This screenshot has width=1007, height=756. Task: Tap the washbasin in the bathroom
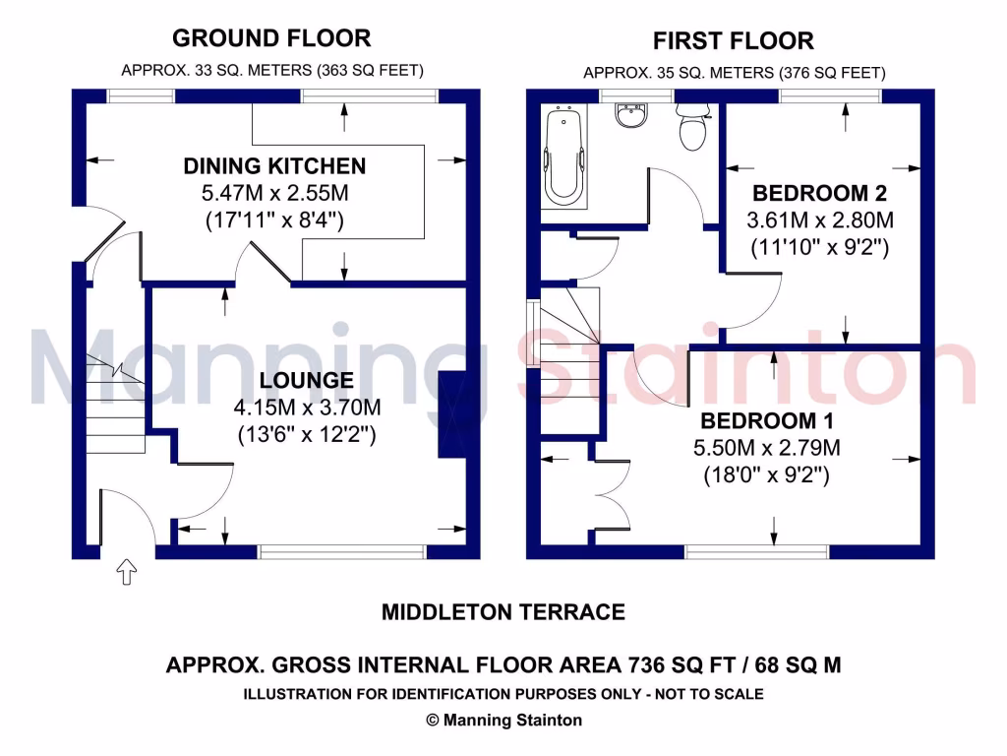point(628,116)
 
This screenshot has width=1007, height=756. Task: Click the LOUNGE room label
point(307,381)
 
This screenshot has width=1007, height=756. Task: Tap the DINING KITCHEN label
point(274,166)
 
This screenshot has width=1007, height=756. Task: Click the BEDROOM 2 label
point(812,193)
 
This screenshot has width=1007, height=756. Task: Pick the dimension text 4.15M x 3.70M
point(307,407)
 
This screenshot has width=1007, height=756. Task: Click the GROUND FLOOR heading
point(271,38)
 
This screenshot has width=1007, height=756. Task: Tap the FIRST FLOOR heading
point(734,41)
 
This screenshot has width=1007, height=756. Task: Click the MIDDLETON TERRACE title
point(503,612)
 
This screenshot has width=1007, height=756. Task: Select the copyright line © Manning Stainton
point(503,721)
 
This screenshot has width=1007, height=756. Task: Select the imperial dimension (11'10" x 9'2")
point(820,247)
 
